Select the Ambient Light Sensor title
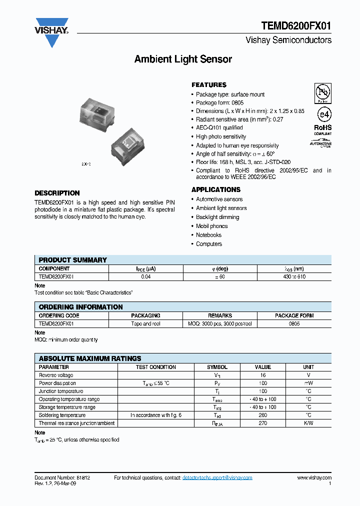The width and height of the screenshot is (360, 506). point(183,59)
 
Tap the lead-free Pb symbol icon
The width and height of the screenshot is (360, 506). point(322,92)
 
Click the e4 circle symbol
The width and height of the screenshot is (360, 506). point(323,114)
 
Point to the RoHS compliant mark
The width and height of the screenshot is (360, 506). point(322,129)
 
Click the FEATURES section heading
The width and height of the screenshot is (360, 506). point(209,85)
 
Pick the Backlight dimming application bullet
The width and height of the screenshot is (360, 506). point(217,217)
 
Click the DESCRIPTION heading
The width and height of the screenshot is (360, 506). point(57,193)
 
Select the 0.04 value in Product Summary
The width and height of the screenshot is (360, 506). point(146,276)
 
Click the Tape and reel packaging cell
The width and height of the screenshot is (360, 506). point(145,323)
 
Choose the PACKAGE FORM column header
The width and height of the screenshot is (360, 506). point(294,315)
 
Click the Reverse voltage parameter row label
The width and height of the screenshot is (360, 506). point(56,375)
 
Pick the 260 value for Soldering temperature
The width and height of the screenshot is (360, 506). point(263,415)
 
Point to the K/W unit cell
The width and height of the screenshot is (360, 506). point(308,423)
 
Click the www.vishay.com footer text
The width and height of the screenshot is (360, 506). point(314,478)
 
